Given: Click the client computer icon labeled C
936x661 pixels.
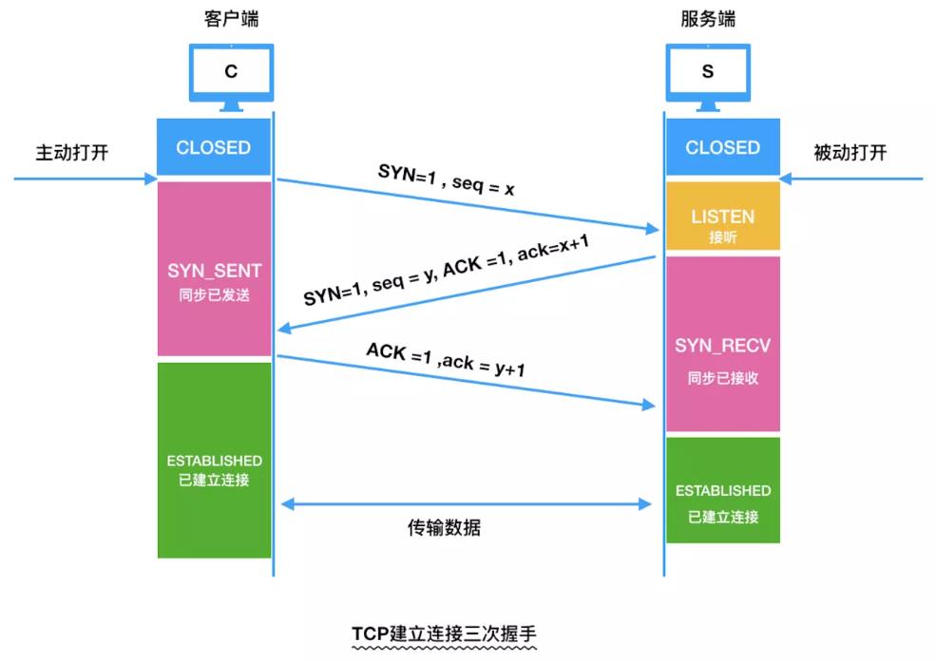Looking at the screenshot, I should pos(231,74).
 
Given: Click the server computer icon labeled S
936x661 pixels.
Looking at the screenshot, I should pos(708,74).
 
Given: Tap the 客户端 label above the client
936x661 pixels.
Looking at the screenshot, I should pos(231,19).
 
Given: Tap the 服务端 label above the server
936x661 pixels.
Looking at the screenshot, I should pos(708,19).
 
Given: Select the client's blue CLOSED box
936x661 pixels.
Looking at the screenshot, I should pos(214,147).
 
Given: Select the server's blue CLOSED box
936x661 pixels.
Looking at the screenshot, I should pos(722,147).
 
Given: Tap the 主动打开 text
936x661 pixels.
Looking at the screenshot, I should pos(72,152).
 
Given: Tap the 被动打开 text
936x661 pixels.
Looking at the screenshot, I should pos(850,152).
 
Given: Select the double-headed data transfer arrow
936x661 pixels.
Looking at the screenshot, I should pos(466,504).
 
